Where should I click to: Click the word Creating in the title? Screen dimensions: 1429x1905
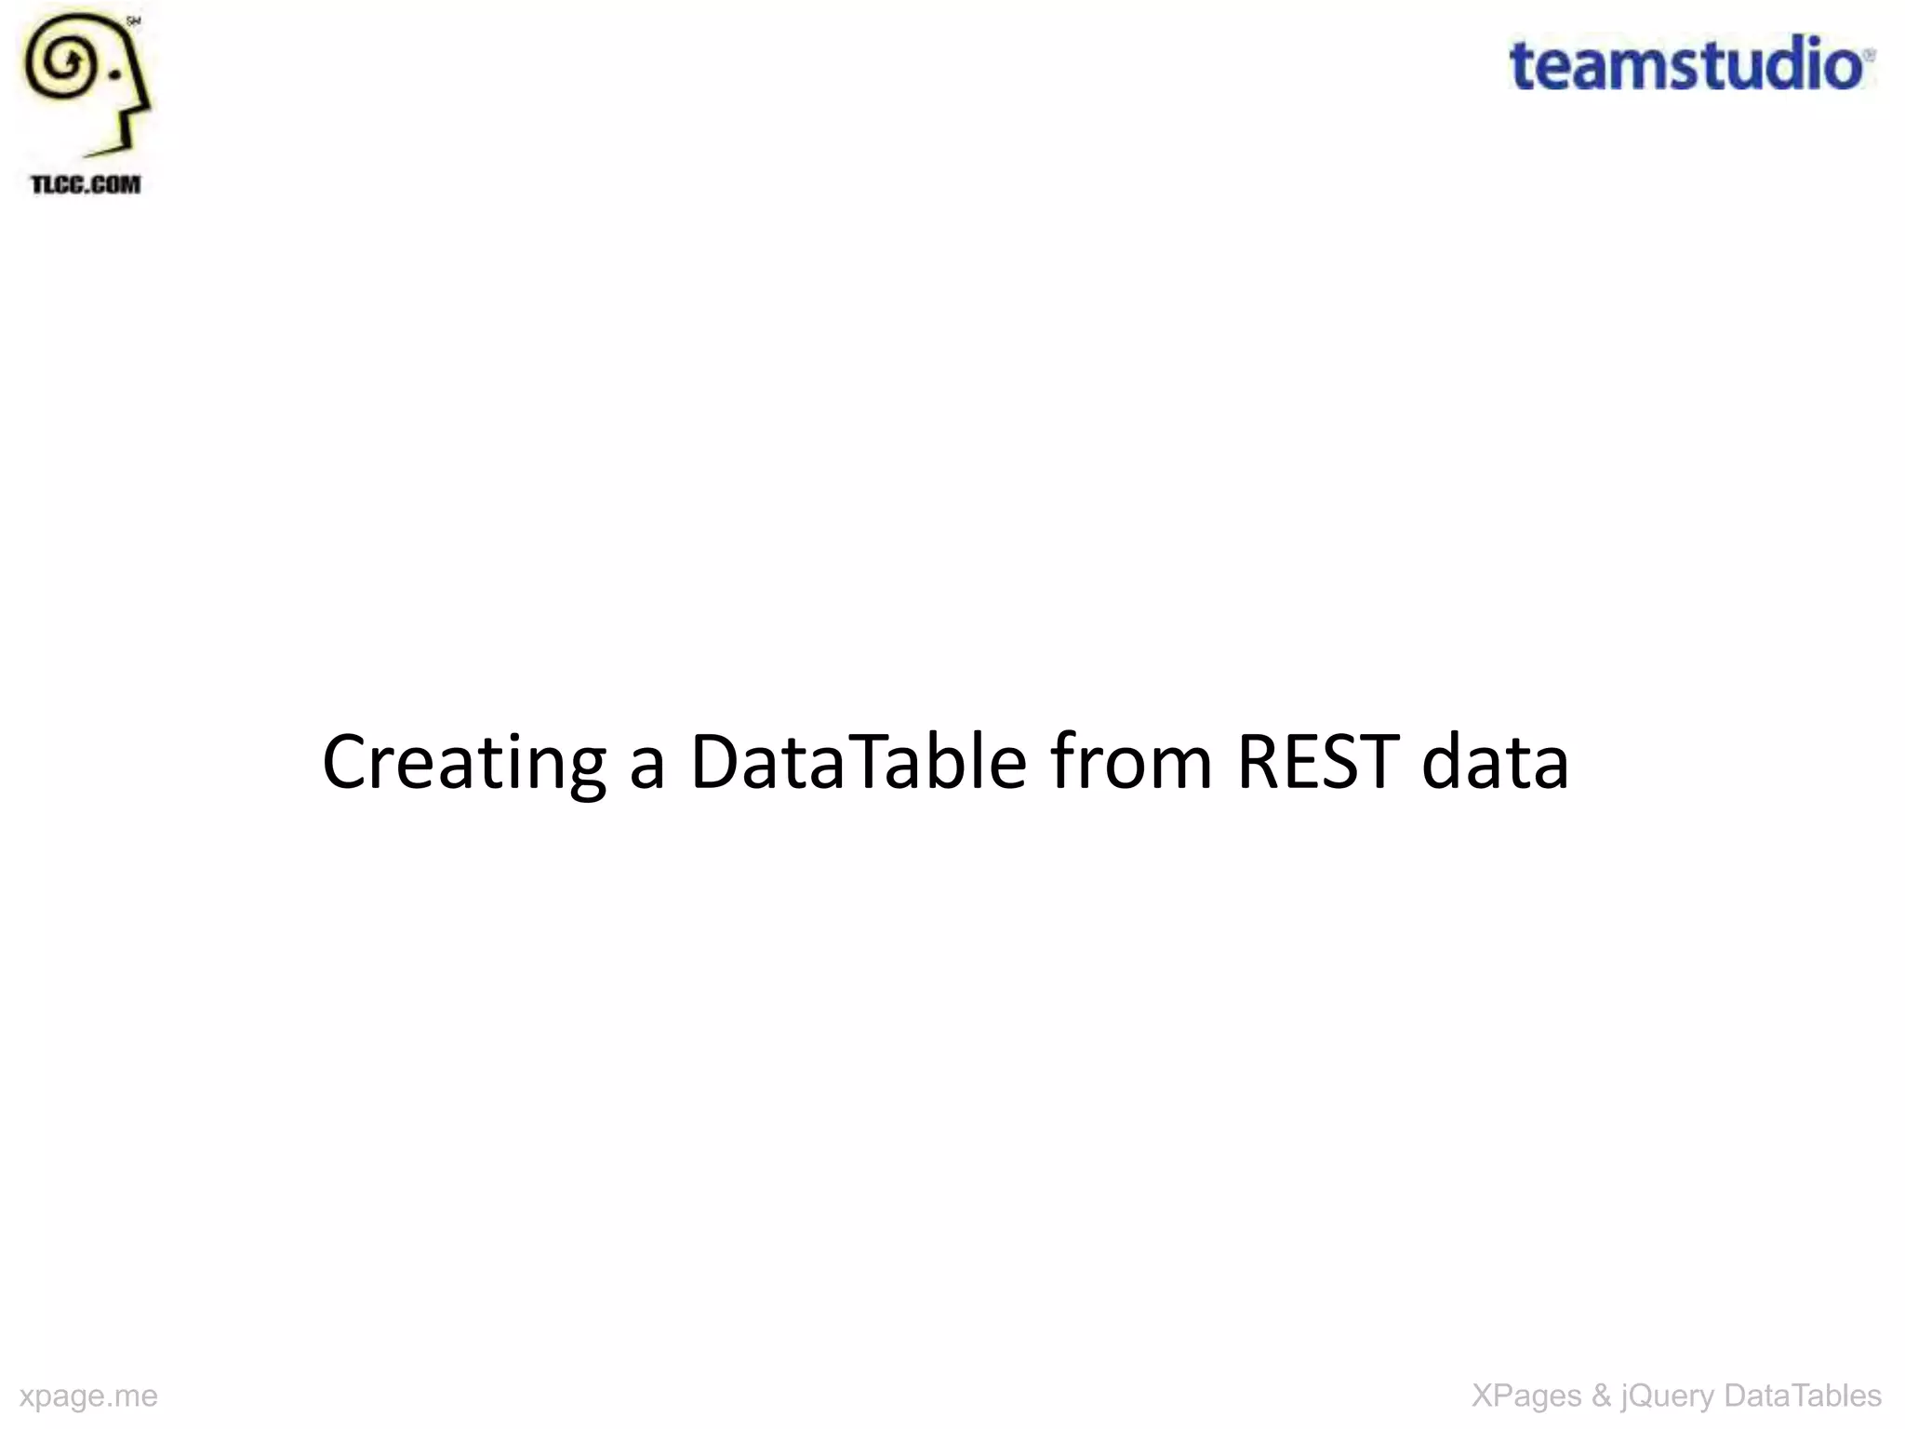[x=463, y=762]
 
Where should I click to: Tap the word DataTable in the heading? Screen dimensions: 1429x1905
[x=857, y=762]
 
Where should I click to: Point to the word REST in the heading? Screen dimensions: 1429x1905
[x=1317, y=762]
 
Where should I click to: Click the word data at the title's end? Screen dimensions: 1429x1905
[x=1495, y=762]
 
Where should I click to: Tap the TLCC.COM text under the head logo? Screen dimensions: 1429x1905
[x=86, y=184]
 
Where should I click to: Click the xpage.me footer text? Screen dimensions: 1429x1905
[x=88, y=1396]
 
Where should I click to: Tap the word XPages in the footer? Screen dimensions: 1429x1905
[x=1525, y=1396]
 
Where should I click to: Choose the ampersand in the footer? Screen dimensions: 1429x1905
[x=1601, y=1396]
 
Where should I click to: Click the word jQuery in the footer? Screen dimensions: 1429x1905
[x=1667, y=1396]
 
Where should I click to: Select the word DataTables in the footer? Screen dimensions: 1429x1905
[x=1802, y=1396]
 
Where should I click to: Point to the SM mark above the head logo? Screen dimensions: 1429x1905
[x=133, y=21]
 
